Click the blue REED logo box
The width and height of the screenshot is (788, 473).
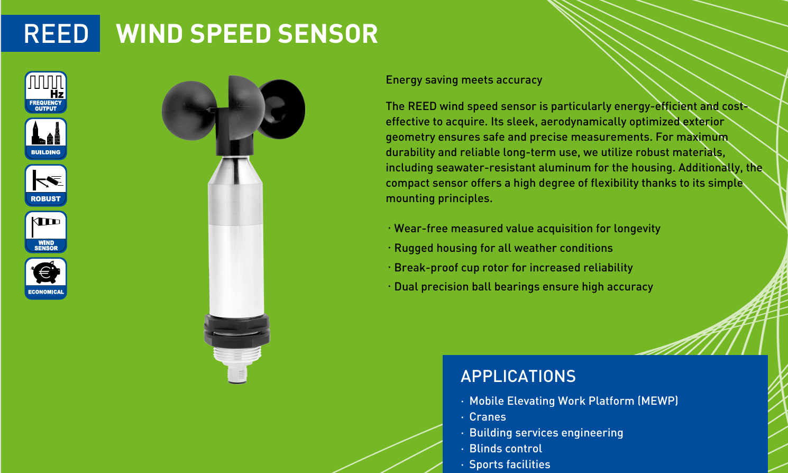50,33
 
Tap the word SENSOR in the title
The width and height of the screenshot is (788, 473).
328,34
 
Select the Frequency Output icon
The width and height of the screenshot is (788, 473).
45,92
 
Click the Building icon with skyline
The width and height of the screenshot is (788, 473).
45,139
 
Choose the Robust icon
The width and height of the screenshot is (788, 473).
45,185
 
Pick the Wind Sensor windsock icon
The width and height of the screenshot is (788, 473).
45,232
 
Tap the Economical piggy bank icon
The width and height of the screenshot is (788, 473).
45,278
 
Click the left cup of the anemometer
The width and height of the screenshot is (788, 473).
189,111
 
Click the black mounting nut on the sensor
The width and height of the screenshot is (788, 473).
237,330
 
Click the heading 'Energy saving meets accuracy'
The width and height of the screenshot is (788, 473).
464,80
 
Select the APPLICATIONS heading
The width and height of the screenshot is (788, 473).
518,376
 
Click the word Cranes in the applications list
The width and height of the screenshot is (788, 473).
488,417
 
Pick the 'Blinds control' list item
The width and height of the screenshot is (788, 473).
506,449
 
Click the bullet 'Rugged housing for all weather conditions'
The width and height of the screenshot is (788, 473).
503,248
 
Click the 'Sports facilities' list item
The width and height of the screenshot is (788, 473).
510,465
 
